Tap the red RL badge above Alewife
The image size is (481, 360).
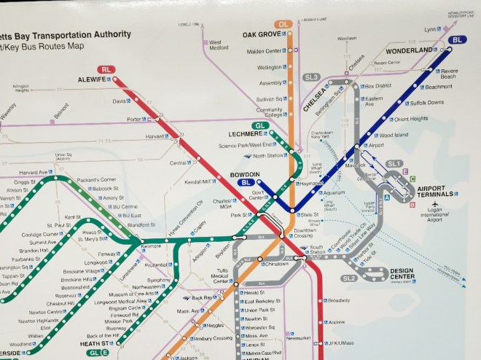pyautogui.click(x=109, y=69)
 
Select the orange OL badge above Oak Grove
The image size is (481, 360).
pyautogui.click(x=284, y=24)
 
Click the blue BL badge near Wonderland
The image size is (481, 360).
pyautogui.click(x=458, y=40)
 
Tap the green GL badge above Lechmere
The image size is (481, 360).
pyautogui.click(x=261, y=125)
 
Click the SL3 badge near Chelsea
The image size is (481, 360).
pyautogui.click(x=312, y=77)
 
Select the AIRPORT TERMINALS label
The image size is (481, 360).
pyautogui.click(x=436, y=192)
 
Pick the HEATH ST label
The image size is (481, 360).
pyautogui.click(x=94, y=343)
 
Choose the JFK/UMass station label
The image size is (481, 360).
pyautogui.click(x=343, y=343)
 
